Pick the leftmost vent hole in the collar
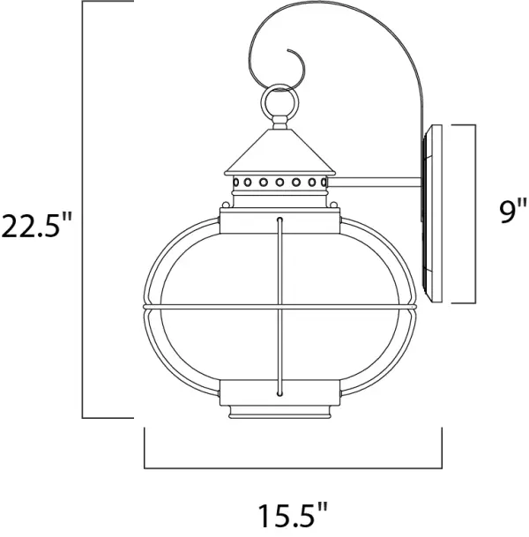(238, 183)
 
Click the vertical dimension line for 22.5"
(83, 212)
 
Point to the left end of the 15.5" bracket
(145, 450)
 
